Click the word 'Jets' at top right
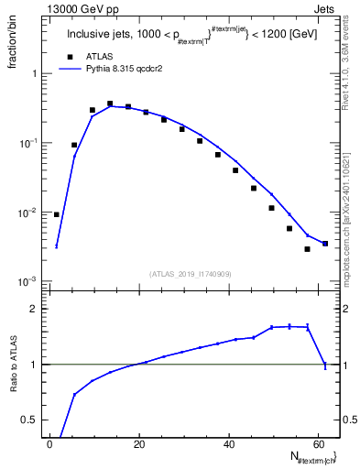tap(327, 8)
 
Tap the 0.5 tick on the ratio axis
tap(33, 420)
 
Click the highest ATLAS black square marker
tap(110, 104)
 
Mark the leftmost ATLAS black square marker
tap(57, 214)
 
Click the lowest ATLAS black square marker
tap(308, 249)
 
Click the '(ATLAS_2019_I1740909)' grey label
tap(191, 274)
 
